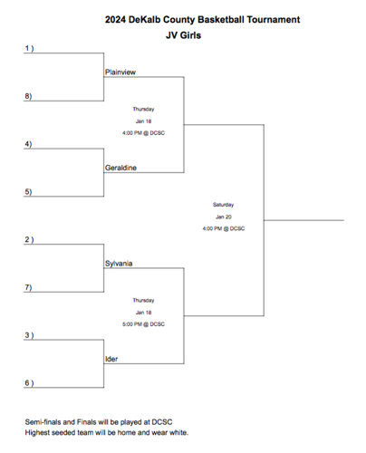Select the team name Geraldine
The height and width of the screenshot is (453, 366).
click(120, 167)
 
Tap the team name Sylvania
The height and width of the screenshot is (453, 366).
click(119, 263)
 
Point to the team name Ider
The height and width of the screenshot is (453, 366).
click(112, 359)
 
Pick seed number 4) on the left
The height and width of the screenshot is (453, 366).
click(29, 144)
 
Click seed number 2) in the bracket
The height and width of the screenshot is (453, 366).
click(29, 240)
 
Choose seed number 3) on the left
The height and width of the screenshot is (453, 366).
click(29, 335)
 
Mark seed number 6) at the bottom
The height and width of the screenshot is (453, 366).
click(29, 383)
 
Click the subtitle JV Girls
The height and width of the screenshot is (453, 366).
click(183, 36)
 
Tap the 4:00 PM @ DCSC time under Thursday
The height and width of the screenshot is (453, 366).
click(143, 132)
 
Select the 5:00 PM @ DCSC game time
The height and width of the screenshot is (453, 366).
click(143, 323)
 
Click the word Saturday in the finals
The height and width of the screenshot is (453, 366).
click(224, 205)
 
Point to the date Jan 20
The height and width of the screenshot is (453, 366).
click(224, 217)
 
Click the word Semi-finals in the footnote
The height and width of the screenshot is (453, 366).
click(45, 422)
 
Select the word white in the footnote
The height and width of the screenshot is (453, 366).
click(178, 432)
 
